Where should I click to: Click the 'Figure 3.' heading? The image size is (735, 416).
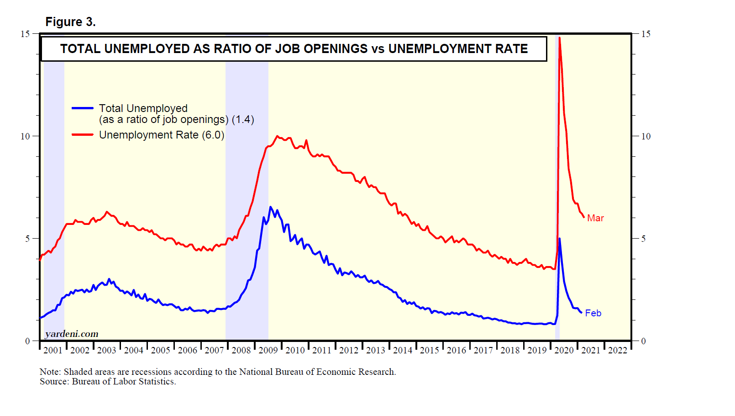70,22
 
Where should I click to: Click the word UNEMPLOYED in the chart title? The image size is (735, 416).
147,49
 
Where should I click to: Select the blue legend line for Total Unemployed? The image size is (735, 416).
83,108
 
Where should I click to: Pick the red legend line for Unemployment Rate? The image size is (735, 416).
83,135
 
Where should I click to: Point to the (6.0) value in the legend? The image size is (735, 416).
213,135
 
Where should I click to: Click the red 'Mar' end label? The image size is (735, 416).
595,219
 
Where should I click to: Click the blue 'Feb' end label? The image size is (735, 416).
593,313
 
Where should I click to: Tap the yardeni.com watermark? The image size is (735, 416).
72,334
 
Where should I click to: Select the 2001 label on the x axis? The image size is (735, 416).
53,351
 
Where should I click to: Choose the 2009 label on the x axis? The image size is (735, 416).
268,351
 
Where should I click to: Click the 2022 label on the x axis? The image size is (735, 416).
618,351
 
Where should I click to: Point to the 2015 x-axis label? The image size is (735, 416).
430,351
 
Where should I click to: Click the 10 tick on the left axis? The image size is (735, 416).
25,136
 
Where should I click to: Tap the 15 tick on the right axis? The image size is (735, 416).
646,34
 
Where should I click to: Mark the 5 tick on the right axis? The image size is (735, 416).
643,239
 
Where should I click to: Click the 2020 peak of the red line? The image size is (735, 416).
559,38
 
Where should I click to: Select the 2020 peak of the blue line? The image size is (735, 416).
559,239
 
